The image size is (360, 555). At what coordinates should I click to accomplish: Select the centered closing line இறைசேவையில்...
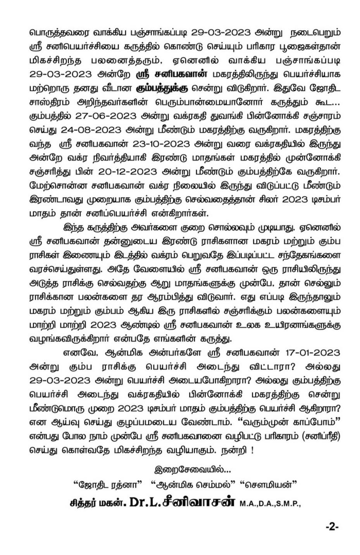point(192,470)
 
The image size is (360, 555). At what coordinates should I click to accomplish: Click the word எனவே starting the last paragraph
point(77,353)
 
